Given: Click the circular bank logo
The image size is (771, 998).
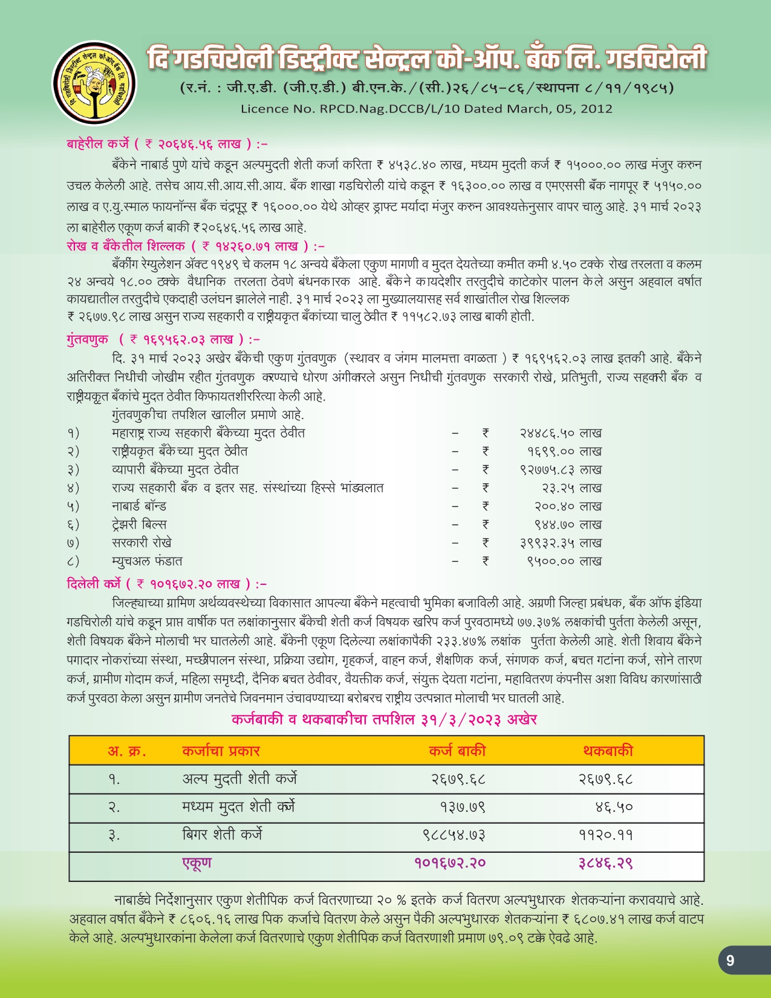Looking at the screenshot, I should pyautogui.click(x=94, y=83).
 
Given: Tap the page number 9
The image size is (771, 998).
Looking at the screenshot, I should pyautogui.click(x=730, y=960).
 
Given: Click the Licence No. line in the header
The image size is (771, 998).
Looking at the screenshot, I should pyautogui.click(x=426, y=109).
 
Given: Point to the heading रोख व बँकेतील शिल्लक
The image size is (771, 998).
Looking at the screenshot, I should pyautogui.click(x=126, y=246).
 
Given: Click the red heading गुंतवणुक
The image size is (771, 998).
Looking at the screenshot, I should pyautogui.click(x=88, y=339).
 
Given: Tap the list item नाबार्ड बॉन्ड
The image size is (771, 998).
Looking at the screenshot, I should pyautogui.click(x=139, y=506).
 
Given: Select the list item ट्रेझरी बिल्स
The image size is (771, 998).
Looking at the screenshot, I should pyautogui.click(x=139, y=524).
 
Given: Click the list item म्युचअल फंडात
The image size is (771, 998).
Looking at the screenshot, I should pyautogui.click(x=147, y=561).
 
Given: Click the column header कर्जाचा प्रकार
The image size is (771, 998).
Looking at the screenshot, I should pyautogui.click(x=221, y=751).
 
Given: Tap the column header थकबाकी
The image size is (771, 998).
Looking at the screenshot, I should pyautogui.click(x=608, y=751).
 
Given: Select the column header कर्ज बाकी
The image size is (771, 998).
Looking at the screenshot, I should pyautogui.click(x=457, y=751).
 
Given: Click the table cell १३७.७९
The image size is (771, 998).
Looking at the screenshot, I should pyautogui.click(x=463, y=807).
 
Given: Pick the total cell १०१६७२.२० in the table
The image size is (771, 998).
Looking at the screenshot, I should pyautogui.click(x=450, y=863).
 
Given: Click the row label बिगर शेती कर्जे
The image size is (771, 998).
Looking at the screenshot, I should pyautogui.click(x=222, y=835).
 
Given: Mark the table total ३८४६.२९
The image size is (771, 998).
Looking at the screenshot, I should pyautogui.click(x=605, y=863).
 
